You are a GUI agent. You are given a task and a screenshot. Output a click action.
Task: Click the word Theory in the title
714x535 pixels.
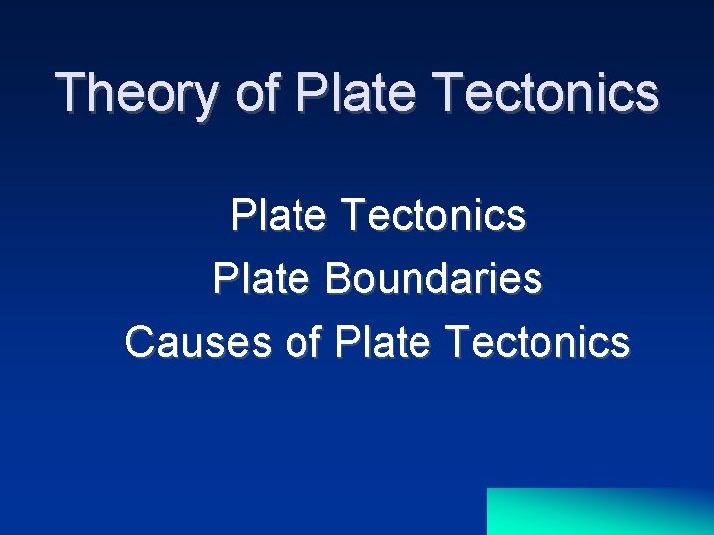(x=139, y=92)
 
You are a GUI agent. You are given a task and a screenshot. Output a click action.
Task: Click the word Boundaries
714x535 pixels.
(x=433, y=278)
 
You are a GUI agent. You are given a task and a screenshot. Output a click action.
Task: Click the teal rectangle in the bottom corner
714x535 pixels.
(x=600, y=511)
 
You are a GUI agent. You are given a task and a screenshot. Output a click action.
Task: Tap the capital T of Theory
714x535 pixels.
(x=71, y=92)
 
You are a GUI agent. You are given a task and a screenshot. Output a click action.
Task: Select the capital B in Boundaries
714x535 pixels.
(x=337, y=278)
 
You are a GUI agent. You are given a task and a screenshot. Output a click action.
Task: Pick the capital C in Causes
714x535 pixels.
(x=140, y=341)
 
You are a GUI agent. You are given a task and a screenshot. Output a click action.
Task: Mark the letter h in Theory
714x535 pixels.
(x=100, y=92)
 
